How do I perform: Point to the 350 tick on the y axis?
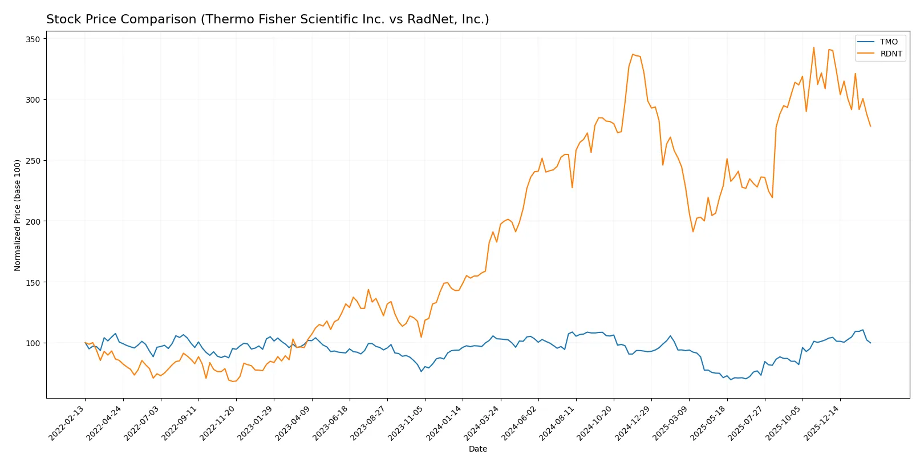click(33, 39)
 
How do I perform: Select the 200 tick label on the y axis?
click(33, 221)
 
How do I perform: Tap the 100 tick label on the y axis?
click(33, 343)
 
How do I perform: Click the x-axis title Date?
click(477, 449)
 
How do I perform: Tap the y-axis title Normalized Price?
click(17, 215)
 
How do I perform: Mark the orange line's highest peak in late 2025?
click(814, 47)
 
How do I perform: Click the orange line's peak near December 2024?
click(633, 55)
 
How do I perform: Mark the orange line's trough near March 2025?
click(693, 232)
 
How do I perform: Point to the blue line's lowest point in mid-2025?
click(731, 380)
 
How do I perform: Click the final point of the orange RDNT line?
click(870, 126)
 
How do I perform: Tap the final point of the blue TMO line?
click(870, 343)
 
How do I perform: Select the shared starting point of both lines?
click(85, 343)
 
